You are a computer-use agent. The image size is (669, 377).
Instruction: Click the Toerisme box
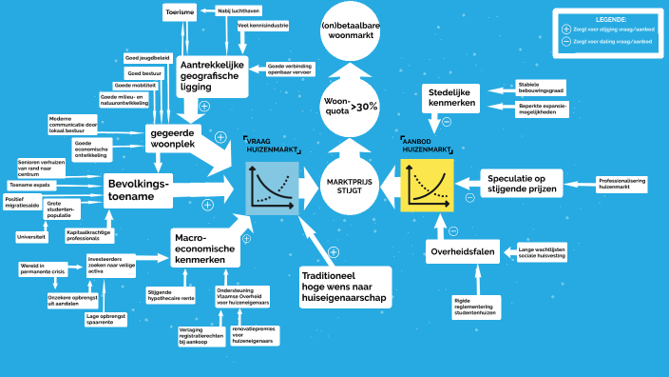coord(180,13)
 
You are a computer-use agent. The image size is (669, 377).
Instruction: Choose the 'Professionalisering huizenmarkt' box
coord(621,184)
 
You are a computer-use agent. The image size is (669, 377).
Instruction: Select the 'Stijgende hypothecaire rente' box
coord(170,295)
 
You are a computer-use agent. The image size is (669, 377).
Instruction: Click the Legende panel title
coord(604,19)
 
